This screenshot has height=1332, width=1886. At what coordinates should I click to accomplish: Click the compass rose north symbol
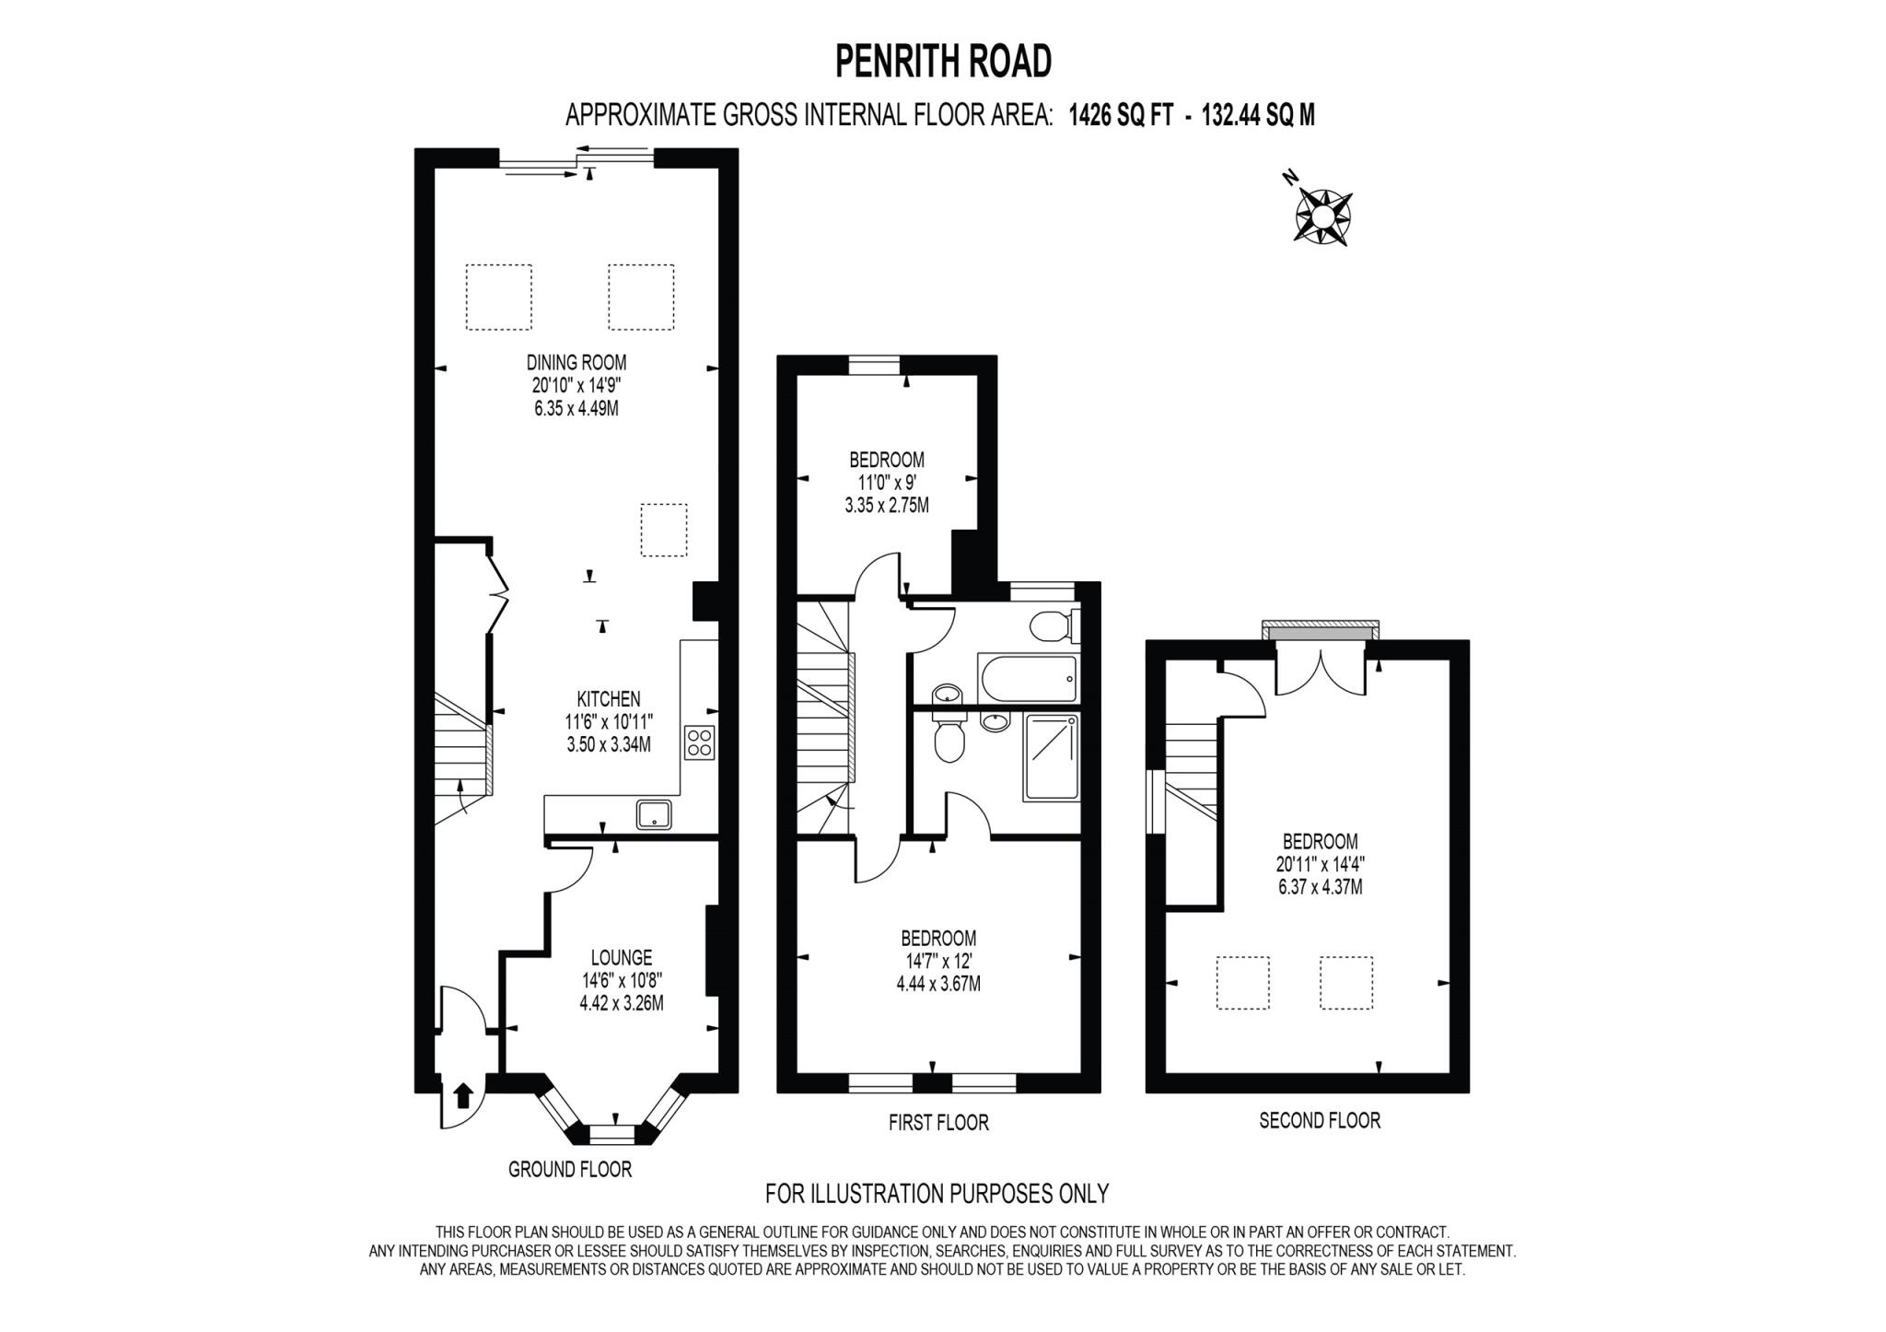1322,216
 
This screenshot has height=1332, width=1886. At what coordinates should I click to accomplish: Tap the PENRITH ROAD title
943,62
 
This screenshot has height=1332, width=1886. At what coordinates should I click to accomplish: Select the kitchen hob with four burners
699,742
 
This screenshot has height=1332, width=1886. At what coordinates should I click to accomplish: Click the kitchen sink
654,814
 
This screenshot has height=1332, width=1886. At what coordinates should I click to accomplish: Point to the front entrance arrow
463,1095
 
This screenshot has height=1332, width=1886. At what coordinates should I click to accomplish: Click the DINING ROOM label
576,362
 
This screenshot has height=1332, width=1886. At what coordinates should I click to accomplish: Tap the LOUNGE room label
622,958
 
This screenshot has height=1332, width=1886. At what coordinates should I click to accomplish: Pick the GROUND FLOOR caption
570,1170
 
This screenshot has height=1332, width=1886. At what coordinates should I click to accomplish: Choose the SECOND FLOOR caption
1320,1120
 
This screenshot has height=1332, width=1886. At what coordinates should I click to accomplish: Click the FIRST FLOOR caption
938,1123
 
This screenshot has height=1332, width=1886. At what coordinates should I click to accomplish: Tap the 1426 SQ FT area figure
1121,115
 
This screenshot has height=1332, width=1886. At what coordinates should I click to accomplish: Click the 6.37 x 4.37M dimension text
1320,888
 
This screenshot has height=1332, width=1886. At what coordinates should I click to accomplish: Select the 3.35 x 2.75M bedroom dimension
887,506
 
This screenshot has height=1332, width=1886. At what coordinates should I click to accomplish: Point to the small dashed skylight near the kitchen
664,530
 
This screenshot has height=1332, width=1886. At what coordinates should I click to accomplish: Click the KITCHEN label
609,699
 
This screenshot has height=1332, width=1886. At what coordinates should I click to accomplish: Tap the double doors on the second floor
1321,672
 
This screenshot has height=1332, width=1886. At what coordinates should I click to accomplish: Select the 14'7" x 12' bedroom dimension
938,962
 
